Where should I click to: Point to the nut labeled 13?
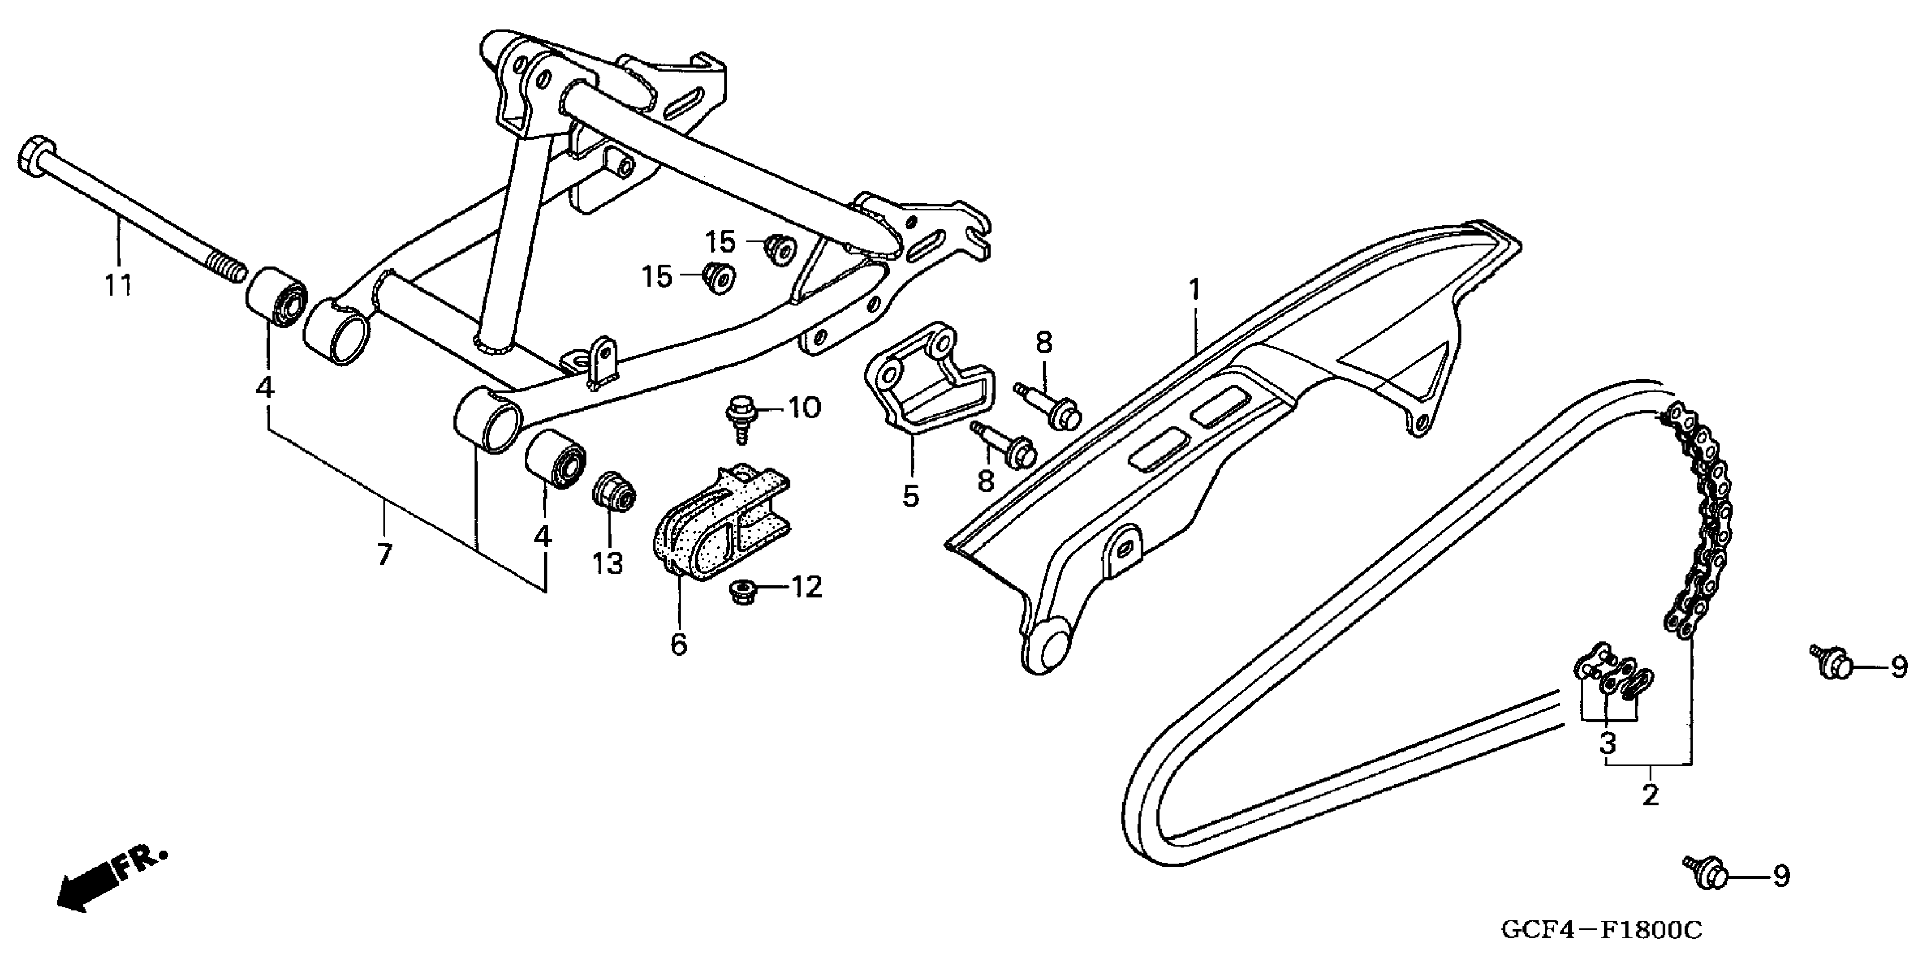[x=615, y=490]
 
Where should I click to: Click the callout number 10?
[x=804, y=408]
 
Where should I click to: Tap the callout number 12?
[x=806, y=587]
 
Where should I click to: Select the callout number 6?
[x=679, y=643]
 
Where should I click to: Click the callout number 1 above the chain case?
[x=1195, y=289]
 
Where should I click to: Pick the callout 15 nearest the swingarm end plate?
[x=721, y=242]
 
